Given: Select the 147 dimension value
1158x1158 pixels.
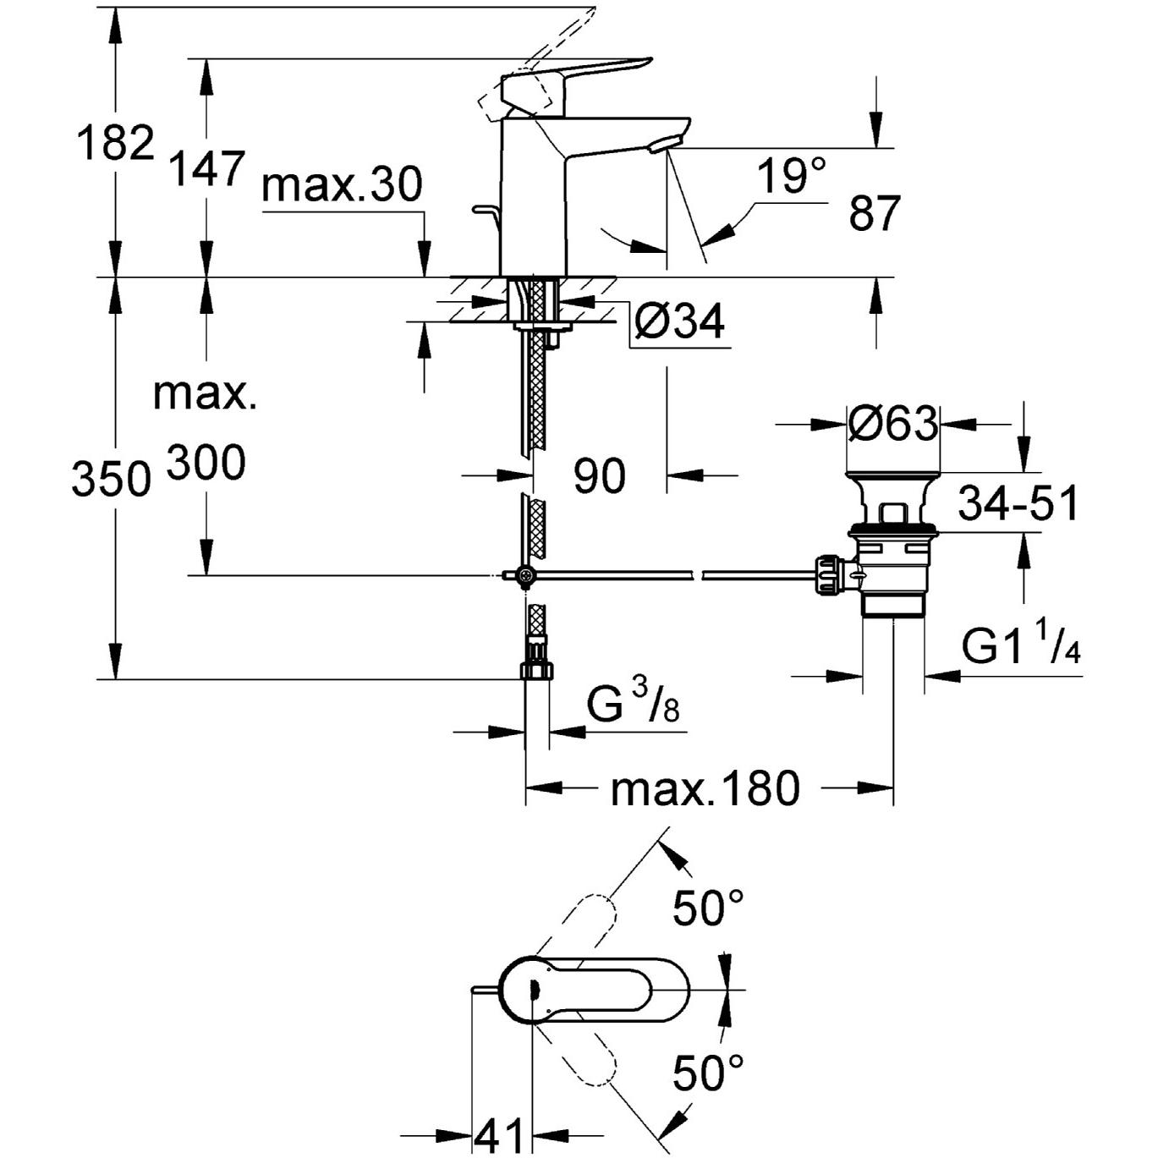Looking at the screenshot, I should [207, 168].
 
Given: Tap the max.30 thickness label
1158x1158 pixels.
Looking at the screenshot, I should [342, 184].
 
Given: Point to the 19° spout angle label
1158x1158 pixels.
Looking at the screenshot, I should [790, 177].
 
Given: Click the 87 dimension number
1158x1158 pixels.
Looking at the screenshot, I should [875, 213].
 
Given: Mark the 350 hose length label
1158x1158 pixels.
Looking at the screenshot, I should [111, 480].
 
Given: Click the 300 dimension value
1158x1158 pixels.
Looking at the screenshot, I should [206, 463].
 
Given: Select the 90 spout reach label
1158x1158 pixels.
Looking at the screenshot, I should [600, 476].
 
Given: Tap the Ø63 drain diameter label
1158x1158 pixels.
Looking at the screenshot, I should [893, 423].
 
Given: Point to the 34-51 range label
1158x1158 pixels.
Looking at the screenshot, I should [1018, 504].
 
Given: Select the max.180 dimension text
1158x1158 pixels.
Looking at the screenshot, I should [705, 789].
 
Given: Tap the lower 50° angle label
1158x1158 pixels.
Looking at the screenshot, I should [709, 1073].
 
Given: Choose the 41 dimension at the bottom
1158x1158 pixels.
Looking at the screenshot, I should [499, 1136].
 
